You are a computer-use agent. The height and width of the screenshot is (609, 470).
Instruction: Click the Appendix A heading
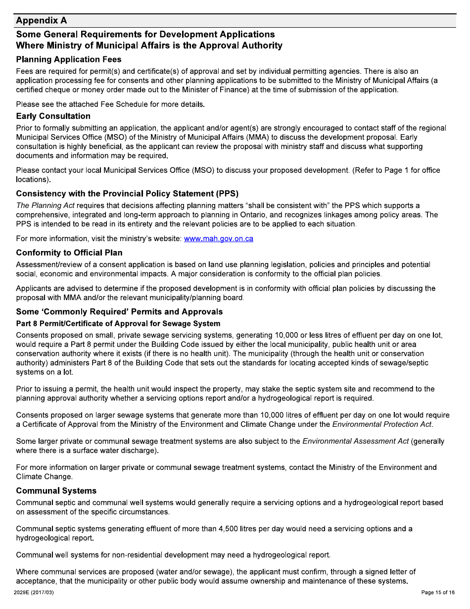pos(41,20)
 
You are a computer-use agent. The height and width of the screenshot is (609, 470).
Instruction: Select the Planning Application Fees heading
pos(68,59)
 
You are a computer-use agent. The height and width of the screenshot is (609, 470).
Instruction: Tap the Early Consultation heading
pos(53,116)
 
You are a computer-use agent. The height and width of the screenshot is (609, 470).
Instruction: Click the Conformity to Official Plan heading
pos(69,253)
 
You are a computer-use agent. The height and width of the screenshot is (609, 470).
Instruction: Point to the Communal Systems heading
pos(56,491)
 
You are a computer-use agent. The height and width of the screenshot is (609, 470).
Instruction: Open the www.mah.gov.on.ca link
pos(218,239)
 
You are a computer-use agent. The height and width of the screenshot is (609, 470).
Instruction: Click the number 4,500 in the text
pos(229,529)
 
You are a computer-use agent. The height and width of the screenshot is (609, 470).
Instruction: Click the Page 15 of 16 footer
pos(437,593)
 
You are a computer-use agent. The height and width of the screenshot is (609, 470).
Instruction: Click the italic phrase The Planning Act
pos(44,205)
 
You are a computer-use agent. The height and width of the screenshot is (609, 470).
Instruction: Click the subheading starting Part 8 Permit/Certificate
pos(111,324)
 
